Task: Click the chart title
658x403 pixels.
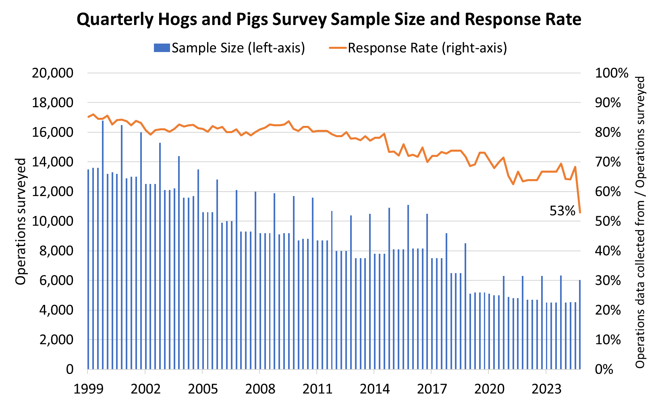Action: [x=328, y=19]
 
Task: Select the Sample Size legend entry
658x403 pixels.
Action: [x=229, y=48]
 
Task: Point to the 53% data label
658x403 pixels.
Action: [x=562, y=210]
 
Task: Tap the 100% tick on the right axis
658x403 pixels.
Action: [x=611, y=73]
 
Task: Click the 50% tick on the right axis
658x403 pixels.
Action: [x=608, y=221]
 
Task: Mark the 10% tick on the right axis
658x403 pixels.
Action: [x=608, y=340]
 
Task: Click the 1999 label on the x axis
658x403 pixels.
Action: [x=87, y=389]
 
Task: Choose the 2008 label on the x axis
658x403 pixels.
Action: [x=259, y=389]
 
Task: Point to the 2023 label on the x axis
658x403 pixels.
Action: [x=546, y=389]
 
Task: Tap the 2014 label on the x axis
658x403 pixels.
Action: [x=374, y=389]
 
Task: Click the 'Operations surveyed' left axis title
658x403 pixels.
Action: [x=21, y=221]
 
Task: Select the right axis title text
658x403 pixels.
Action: [x=640, y=222]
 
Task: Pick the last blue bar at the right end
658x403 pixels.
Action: [x=580, y=325]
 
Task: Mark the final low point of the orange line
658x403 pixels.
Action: [x=580, y=213]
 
